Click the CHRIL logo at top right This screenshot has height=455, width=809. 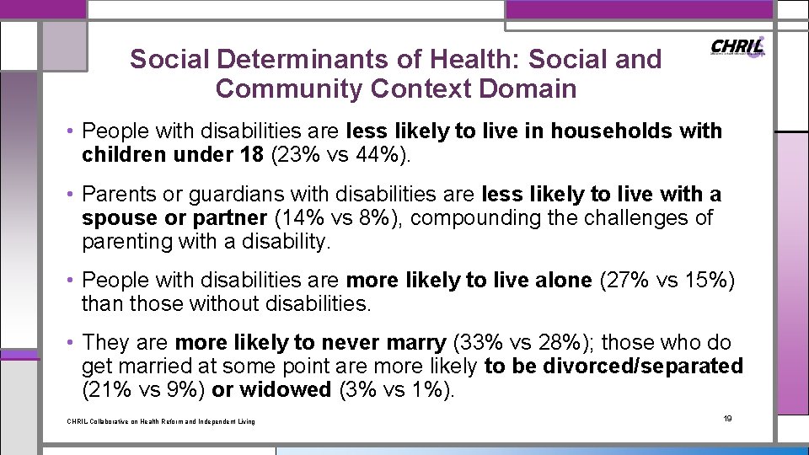tap(738, 47)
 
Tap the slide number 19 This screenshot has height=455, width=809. tap(728, 419)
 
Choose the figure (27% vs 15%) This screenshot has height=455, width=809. tap(667, 280)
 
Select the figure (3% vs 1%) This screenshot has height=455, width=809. tap(394, 390)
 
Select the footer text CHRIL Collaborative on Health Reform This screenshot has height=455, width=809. tap(160, 421)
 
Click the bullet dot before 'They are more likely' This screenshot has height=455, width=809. tap(72, 343)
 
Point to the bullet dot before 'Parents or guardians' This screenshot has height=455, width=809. tap(72, 195)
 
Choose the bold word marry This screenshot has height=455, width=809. tap(412, 343)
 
